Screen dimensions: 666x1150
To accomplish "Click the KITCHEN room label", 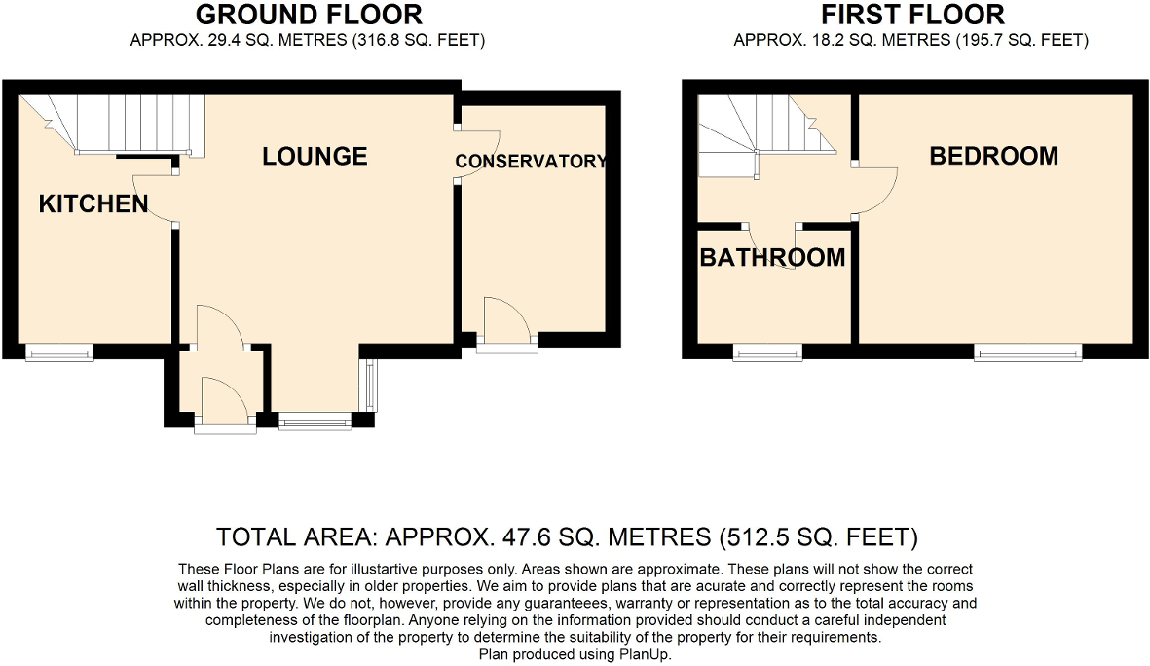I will point(93,203).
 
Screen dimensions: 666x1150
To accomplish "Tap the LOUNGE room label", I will point(315,156).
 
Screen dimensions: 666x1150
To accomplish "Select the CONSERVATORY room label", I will point(531,162).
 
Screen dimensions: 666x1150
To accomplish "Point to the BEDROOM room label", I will point(993,156).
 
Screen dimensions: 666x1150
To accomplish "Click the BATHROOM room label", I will point(772,258).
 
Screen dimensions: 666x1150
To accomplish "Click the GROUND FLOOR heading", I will point(309,16).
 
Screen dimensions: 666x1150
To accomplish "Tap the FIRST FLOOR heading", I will point(912,16).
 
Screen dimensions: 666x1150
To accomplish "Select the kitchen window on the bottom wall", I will point(58,352).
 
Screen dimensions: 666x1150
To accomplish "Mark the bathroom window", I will point(767,352).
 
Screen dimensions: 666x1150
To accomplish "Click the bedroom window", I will point(1028,352).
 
